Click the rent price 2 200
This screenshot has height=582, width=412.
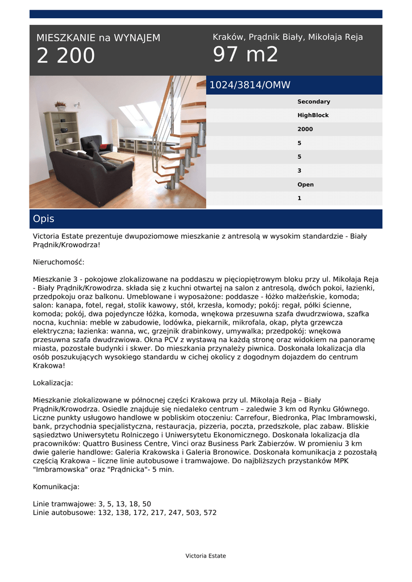click(x=66, y=56)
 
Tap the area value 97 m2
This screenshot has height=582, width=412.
click(x=245, y=55)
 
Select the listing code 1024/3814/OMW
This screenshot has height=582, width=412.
click(x=250, y=85)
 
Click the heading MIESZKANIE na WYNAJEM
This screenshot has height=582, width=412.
click(x=98, y=38)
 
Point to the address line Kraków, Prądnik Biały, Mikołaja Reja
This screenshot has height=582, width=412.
click(x=288, y=37)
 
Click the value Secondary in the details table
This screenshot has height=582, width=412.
click(x=313, y=102)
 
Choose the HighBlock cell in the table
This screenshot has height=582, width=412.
click(x=313, y=115)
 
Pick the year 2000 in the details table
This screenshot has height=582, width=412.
click(x=305, y=129)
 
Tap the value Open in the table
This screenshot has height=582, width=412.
click(x=305, y=185)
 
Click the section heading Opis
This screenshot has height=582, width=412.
click(x=44, y=219)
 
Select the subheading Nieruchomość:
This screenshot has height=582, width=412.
click(x=59, y=262)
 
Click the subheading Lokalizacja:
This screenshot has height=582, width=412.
click(x=53, y=383)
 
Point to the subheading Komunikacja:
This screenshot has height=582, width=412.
click(x=56, y=487)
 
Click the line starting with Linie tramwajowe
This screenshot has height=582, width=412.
click(x=92, y=504)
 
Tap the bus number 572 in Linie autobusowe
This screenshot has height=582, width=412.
click(x=210, y=513)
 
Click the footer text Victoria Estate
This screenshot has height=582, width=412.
click(x=206, y=556)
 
